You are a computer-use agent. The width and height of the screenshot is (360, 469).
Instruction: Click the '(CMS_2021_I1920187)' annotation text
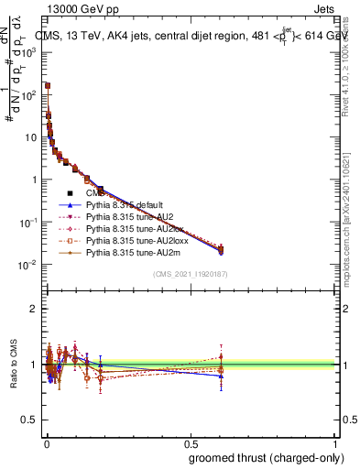pos(190,274)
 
